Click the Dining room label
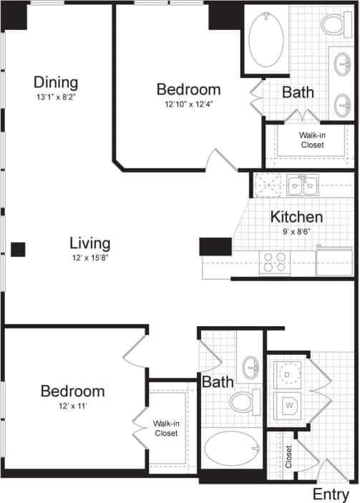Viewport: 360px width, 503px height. (56, 82)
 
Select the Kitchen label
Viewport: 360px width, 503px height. (296, 216)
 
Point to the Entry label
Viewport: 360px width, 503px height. (331, 494)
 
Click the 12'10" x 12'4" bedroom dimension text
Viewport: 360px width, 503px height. (188, 104)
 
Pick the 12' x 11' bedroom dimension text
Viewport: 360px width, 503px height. (72, 406)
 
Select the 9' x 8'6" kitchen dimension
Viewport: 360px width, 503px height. (296, 230)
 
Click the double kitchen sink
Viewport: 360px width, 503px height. (302, 186)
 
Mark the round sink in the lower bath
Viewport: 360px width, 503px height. (252, 368)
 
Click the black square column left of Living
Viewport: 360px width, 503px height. (18, 249)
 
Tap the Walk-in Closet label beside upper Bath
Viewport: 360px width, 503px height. (312, 139)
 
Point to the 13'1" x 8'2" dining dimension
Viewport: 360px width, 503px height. (56, 97)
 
